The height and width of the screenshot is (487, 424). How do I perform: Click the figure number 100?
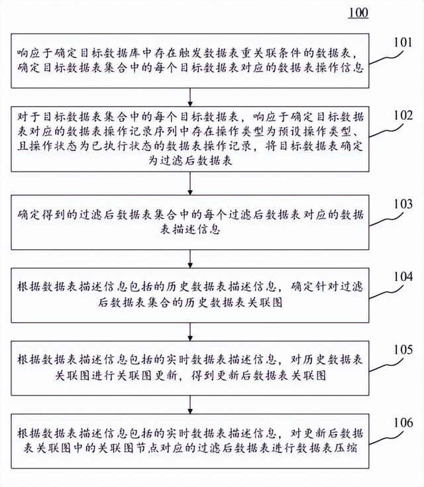[x=358, y=12]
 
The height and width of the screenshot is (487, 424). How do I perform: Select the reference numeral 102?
[x=403, y=115]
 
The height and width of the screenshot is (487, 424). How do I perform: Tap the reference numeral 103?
[x=403, y=204]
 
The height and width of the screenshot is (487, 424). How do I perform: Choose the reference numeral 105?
[x=403, y=349]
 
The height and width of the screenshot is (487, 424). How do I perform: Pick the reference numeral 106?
[x=403, y=422]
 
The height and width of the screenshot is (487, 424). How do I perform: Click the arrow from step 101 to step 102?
[x=190, y=93]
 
